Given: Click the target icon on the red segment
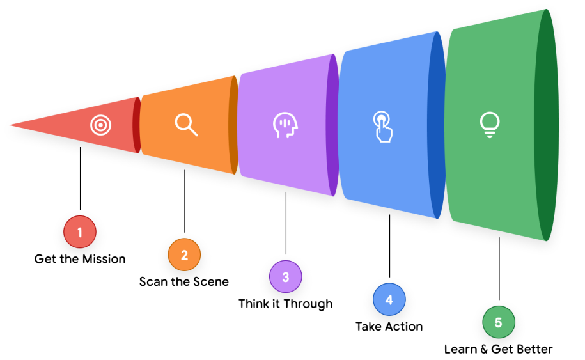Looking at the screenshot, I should point(100,125).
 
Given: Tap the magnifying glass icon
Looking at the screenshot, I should point(186,124).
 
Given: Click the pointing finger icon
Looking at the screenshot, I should point(382,127).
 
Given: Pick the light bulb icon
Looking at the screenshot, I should point(490,125).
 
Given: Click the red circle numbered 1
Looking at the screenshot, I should point(80,233).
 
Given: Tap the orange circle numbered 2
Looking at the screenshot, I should point(184,255).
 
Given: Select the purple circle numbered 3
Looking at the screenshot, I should point(285,277).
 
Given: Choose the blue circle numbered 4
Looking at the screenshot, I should point(389,300).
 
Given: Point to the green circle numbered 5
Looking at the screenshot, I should point(499,322).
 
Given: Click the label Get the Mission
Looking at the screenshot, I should point(80,259).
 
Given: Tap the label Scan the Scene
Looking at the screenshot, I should point(184,281).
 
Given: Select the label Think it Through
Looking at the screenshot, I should point(286,304).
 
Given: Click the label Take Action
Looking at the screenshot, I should point(389,326).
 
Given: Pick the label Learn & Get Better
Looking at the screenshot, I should point(499,349).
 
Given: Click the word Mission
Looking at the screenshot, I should point(104,259).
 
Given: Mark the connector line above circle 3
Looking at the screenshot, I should point(286,224).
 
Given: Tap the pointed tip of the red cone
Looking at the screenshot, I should point(12,125).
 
